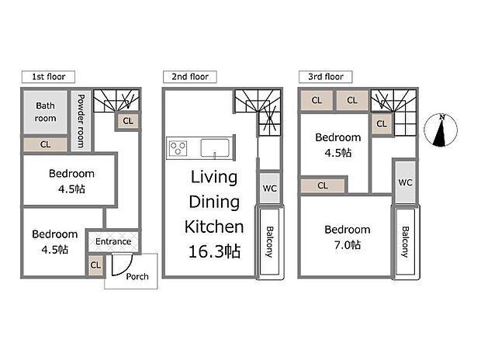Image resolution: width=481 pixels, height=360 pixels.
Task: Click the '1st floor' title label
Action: pos(48,77)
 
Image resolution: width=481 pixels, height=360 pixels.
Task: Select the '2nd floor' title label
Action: pos(190,77)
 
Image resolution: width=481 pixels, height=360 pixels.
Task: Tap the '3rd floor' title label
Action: pos(326,77)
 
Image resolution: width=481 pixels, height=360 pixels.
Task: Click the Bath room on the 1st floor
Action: pos(45,112)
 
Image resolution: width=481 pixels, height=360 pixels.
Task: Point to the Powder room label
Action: pos(81,121)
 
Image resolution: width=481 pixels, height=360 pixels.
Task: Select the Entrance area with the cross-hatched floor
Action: pos(113,241)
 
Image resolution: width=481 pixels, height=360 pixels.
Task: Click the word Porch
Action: pos(137,276)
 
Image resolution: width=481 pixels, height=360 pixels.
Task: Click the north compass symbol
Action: pos(441,130)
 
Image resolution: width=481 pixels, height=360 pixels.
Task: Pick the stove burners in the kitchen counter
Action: pos(178,148)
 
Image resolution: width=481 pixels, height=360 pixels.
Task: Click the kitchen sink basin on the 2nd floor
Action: pos(215,147)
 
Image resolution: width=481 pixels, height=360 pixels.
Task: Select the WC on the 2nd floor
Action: pos(269,188)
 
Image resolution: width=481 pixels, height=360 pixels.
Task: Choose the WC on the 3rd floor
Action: pos(405,182)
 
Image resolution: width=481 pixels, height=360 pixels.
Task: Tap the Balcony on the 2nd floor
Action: pos(269,242)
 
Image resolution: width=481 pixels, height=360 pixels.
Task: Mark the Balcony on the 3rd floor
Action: pos(405,242)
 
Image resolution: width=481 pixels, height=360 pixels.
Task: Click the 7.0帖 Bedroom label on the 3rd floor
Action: pos(348,237)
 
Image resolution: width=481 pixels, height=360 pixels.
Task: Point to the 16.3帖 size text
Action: pos(214,251)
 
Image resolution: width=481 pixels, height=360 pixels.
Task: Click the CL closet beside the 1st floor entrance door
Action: pos(95,265)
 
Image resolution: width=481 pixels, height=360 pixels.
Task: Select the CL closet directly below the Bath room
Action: pos(45,144)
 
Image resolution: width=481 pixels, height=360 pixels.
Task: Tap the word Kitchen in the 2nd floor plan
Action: pos(214,227)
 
